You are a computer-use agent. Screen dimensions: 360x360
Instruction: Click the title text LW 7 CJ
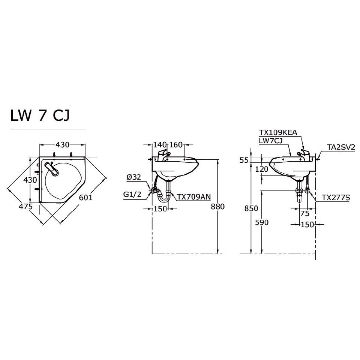(40, 115)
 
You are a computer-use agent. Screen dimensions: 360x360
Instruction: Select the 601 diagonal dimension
(86, 197)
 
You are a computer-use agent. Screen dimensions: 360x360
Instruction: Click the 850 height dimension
(251, 208)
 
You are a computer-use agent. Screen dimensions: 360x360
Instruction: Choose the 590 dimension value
(262, 222)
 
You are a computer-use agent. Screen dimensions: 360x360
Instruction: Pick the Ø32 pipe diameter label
(134, 178)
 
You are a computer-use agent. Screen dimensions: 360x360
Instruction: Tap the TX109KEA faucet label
(278, 132)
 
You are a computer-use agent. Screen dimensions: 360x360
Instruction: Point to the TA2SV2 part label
(341, 147)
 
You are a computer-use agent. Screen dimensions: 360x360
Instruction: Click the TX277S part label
(335, 197)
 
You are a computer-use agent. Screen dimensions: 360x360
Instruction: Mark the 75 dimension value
(305, 213)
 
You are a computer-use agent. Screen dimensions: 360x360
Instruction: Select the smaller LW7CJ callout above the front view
(271, 140)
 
